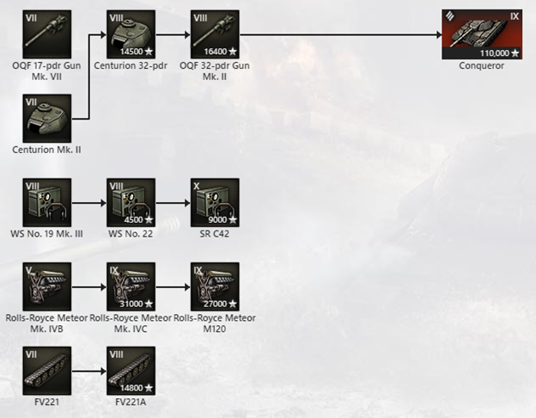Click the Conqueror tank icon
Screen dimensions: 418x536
pos(481,34)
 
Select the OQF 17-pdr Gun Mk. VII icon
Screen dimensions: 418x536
pos(46,34)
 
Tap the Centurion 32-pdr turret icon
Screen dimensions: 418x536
pos(131,34)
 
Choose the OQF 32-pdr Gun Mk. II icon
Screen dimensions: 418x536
pos(215,34)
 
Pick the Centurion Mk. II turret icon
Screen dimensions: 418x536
pos(46,118)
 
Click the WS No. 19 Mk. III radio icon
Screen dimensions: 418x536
pos(46,202)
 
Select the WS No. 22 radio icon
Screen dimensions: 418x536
pos(131,202)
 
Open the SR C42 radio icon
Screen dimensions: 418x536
pos(215,202)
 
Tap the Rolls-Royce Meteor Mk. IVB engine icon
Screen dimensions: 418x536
pos(46,286)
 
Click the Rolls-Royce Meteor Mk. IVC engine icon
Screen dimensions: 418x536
pos(131,286)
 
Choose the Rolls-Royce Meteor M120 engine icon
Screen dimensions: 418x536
pos(215,286)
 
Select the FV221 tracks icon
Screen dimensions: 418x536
pos(46,370)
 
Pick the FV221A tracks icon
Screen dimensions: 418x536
pos(131,370)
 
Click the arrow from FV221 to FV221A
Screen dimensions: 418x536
pos(88,370)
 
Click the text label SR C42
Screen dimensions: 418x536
pos(215,234)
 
